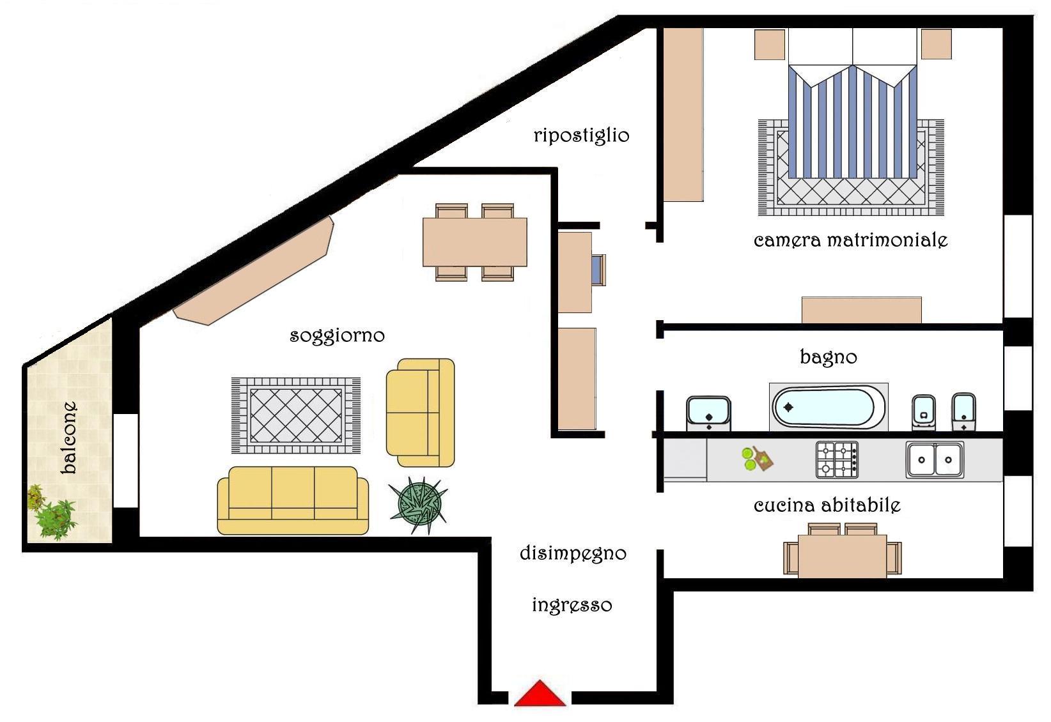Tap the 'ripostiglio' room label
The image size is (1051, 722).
tap(581, 136)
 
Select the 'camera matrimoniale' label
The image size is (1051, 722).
tap(851, 240)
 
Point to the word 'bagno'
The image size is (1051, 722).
tap(829, 357)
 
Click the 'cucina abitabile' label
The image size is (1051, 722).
tap(827, 505)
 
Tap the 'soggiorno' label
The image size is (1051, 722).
tap(338, 336)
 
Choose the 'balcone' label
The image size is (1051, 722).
tap(69, 438)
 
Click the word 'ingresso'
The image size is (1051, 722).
tap(572, 606)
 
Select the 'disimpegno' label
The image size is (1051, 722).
tap(573, 554)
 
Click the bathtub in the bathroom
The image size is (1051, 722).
tap(829, 407)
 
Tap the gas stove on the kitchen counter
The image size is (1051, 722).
tap(837, 459)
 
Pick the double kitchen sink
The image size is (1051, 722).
tap(935, 459)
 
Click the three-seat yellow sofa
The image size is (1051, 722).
tap(293, 500)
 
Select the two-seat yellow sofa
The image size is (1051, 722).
tap(421, 413)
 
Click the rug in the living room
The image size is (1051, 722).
tap(296, 415)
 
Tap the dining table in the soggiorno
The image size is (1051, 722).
tap(475, 242)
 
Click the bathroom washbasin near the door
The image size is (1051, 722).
tap(708, 413)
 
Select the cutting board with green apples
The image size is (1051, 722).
tap(758, 458)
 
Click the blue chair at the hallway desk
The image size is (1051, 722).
tap(598, 270)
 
